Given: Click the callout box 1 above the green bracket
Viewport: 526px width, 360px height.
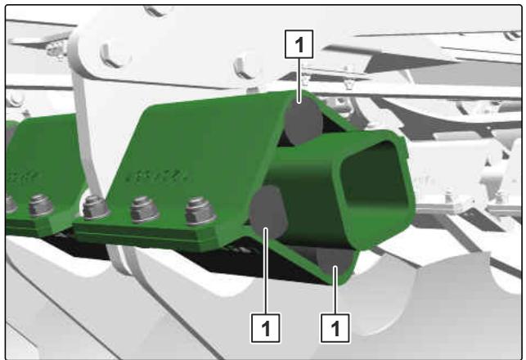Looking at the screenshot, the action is point(299,44).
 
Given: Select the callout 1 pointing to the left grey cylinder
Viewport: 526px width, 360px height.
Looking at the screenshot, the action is point(265,328).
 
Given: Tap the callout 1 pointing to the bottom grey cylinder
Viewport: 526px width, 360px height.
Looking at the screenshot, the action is point(335,328).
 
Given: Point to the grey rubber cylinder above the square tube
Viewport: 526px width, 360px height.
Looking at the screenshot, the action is point(303,120).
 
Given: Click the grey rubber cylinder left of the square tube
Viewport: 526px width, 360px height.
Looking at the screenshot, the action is point(267,211).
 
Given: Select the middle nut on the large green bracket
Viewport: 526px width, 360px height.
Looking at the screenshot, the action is point(144,209).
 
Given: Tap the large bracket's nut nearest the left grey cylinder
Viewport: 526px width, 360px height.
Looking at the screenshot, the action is point(200,211).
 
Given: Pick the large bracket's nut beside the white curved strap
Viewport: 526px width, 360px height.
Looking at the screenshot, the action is point(96,207).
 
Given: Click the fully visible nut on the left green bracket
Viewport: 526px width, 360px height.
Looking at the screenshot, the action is point(41,205).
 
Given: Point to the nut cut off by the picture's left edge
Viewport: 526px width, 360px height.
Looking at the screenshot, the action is point(11,204).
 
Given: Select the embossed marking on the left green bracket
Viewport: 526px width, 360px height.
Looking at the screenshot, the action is point(23,176).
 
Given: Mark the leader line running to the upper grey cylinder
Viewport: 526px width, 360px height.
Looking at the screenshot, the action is point(299,80).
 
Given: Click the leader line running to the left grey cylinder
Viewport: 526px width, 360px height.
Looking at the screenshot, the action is point(266,271).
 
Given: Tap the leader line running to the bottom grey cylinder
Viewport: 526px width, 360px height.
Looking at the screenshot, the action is point(335,290).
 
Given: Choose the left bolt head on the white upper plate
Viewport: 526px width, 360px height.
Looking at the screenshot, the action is point(115,54).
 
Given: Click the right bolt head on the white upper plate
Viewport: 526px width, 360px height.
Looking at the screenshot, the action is point(245,66).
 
